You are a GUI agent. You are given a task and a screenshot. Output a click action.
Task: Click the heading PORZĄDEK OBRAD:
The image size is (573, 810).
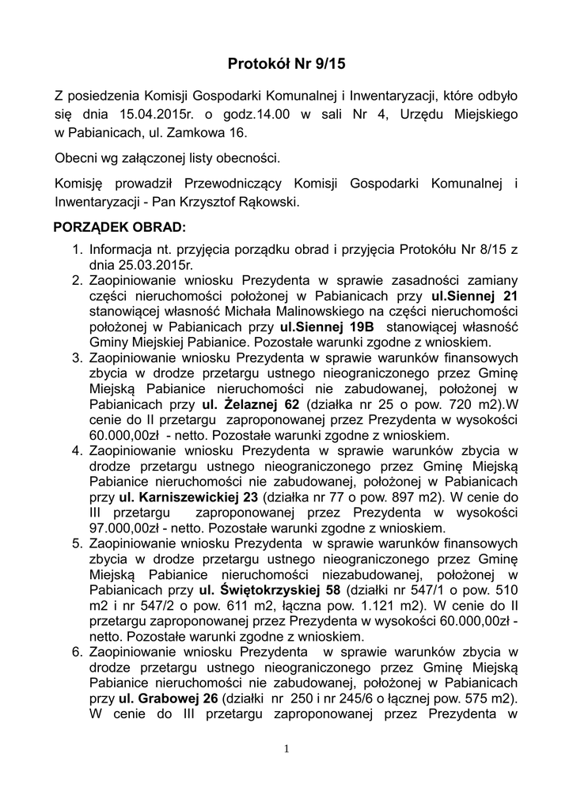tap(119, 228)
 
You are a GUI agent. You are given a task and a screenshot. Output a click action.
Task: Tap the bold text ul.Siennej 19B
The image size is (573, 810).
tap(320, 327)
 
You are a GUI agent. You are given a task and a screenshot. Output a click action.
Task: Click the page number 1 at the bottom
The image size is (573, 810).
tap(286, 748)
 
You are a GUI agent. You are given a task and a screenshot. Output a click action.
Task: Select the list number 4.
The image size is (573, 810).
tap(78, 451)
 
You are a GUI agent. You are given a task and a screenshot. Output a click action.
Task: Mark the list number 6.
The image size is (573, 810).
tap(78, 652)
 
